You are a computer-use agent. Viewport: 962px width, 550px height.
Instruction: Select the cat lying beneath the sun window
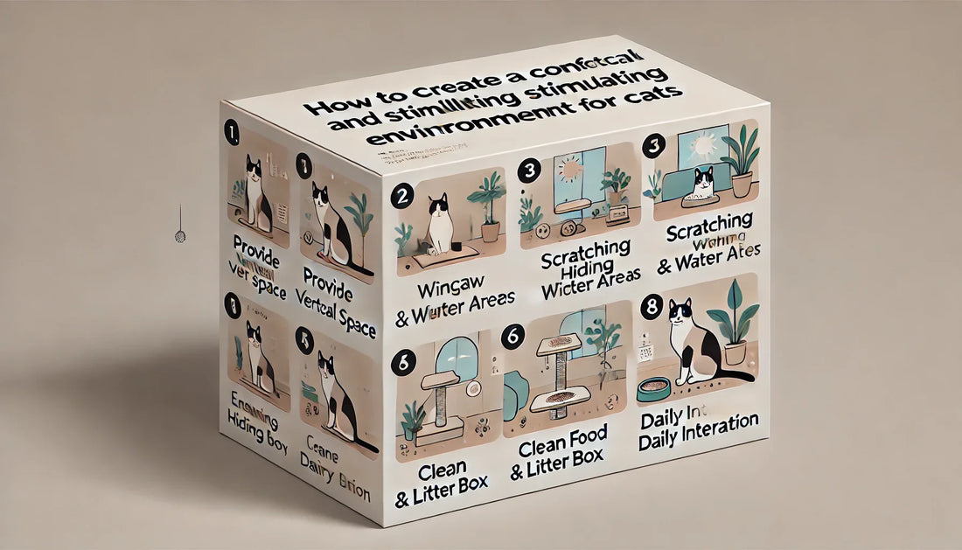click(x=704, y=184)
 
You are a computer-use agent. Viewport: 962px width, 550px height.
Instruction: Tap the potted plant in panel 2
click(x=489, y=205)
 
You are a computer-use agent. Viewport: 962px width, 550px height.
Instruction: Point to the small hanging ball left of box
click(x=180, y=236)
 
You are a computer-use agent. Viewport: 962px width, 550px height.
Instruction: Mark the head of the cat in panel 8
click(x=680, y=312)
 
